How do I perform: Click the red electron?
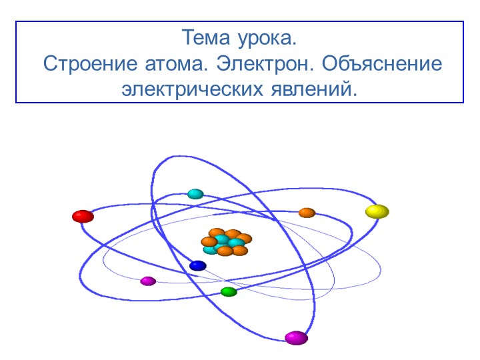(x=83, y=216)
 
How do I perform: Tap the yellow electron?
(x=377, y=211)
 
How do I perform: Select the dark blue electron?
(x=197, y=265)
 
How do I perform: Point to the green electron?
(x=229, y=291)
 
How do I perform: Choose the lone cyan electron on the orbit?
(x=195, y=194)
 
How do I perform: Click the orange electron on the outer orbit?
(x=307, y=213)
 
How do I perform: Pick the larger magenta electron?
(x=296, y=337)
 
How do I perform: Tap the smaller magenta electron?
(x=148, y=281)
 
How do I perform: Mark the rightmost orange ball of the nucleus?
(x=244, y=238)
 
